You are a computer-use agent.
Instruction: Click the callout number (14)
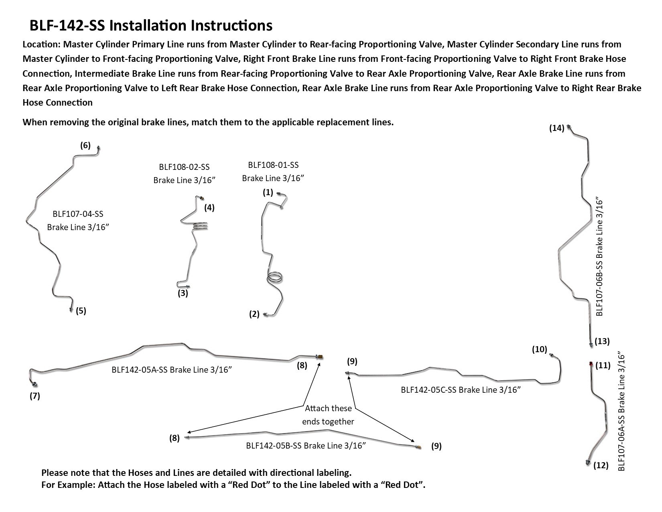[556, 128]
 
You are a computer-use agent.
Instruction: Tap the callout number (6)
[85, 145]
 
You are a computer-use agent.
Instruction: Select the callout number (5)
[81, 311]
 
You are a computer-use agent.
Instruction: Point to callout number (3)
[183, 293]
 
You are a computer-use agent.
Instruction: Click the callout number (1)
[268, 192]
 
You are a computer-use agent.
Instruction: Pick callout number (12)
[601, 465]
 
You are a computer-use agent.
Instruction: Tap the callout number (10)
[540, 349]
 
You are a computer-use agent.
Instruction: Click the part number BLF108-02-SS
[184, 167]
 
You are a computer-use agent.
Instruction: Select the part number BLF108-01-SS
[273, 165]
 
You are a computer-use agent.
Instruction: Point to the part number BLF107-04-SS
[78, 214]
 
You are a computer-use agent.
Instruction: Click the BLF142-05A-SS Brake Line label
[172, 369]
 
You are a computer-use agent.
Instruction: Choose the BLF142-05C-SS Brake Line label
[461, 390]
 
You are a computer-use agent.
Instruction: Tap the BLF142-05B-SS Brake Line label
[306, 445]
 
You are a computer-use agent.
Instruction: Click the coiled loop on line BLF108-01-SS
[275, 278]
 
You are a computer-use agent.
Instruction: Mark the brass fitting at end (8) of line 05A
[320, 357]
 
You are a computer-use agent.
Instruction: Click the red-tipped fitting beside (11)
[591, 363]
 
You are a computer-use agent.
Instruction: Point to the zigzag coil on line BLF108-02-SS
[201, 226]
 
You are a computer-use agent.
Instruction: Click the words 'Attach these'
[328, 408]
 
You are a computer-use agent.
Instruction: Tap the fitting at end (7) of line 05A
[35, 384]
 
